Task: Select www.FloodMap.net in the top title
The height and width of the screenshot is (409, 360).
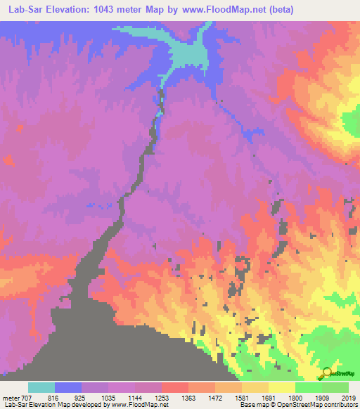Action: click(x=219, y=10)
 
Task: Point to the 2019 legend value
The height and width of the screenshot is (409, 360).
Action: click(x=349, y=397)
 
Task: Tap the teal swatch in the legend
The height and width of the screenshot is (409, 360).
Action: click(x=41, y=387)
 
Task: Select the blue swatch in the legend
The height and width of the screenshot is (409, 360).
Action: click(x=68, y=387)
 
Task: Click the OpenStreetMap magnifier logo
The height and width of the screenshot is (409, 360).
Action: click(x=327, y=375)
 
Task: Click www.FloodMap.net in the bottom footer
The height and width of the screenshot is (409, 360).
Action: click(x=139, y=405)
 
